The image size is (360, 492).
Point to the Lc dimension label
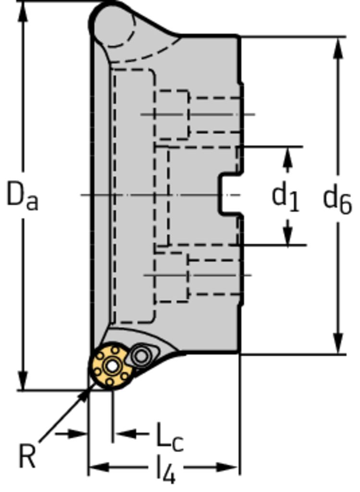[169, 438]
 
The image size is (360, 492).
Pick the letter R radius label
[27, 456]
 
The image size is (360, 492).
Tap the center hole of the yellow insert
[111, 367]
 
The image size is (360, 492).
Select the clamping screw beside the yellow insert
[142, 356]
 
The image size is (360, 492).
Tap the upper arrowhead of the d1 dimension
[287, 156]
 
